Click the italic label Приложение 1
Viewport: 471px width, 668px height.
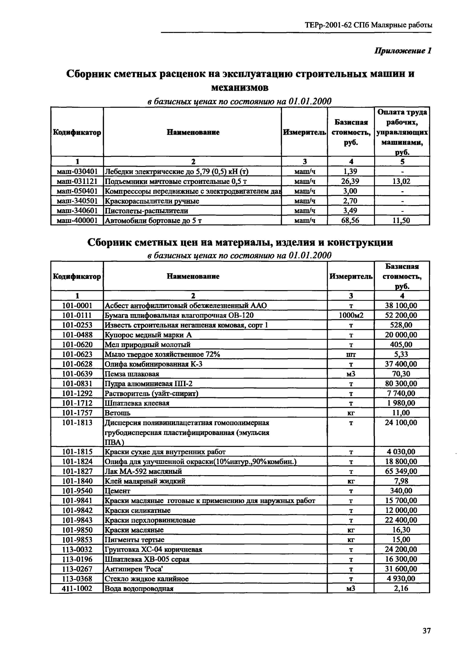(x=402, y=51)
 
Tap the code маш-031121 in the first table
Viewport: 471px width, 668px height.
(x=77, y=181)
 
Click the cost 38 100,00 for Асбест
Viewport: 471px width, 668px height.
(x=401, y=305)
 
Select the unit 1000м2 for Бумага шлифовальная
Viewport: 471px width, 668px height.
(x=351, y=315)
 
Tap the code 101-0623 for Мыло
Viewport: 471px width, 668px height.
(x=77, y=354)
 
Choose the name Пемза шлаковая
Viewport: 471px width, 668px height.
(x=132, y=374)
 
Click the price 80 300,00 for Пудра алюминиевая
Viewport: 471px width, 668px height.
(x=401, y=383)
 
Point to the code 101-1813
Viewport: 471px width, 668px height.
(x=77, y=422)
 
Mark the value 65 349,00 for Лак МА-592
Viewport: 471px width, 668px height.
(x=401, y=471)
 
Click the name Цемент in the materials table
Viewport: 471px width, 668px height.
(x=117, y=491)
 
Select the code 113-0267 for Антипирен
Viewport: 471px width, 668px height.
(x=77, y=569)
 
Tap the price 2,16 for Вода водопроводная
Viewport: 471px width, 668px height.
(x=401, y=588)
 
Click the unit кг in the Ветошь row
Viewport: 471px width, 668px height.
(x=351, y=413)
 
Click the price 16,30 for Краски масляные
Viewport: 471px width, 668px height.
(x=401, y=530)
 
